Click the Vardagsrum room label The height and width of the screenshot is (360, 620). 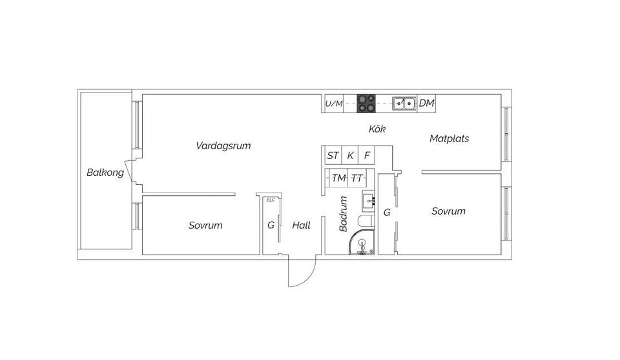pos(223,145)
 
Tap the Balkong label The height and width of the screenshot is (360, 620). pos(105,173)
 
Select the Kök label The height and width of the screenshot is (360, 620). pos(377,129)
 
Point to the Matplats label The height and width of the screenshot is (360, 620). pos(449,138)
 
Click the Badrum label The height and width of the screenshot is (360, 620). pos(343,214)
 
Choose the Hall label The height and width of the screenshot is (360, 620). pos(302,226)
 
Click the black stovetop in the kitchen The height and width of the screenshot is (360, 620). pos(366,103)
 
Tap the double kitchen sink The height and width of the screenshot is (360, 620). pos(404,103)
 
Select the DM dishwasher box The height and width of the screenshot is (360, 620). pos(426,103)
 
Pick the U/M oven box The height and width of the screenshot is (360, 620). pos(334,103)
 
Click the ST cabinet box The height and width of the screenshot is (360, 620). pos(333,156)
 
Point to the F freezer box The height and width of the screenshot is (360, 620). pos(367,156)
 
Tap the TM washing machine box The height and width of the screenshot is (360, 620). pos(339,178)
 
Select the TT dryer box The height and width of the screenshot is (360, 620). pos(356,178)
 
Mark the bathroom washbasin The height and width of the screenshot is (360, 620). pos(368,200)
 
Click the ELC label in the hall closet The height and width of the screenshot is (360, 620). pos(271,200)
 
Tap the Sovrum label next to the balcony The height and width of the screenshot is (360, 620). pos(205,226)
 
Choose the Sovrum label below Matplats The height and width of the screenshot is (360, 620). pos(448,211)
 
